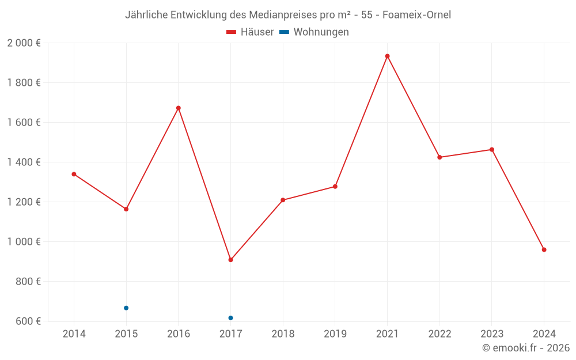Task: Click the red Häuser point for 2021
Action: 387,56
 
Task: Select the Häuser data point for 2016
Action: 179,108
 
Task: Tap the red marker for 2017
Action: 230,260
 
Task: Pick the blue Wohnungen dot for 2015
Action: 126,308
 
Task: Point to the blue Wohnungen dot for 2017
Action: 230,318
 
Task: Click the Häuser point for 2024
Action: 544,250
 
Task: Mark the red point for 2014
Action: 74,174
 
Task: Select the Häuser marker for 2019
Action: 335,187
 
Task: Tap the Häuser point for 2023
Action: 491,150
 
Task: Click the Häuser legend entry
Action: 250,32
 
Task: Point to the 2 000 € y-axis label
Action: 24,43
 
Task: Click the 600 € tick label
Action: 28,321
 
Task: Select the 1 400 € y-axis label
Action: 24,162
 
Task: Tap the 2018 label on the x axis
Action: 283,334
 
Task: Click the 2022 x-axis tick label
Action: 439,334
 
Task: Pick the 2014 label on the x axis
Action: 74,334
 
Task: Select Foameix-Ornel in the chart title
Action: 415,14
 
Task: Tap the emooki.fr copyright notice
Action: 526,348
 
